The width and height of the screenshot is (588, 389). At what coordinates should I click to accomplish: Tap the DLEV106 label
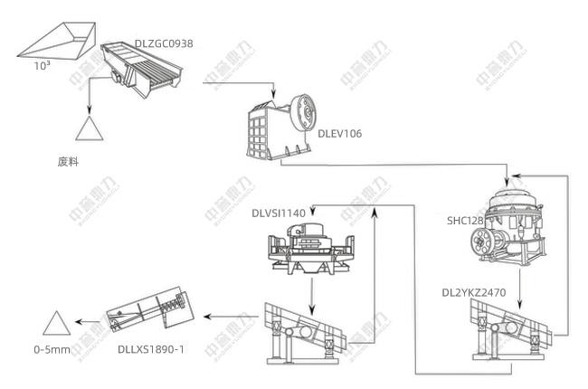(x=339, y=134)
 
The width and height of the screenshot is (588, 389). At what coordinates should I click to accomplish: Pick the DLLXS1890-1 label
(x=151, y=348)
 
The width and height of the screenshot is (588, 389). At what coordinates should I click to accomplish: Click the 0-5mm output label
(x=52, y=348)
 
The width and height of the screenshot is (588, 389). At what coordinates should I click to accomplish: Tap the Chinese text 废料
(x=69, y=162)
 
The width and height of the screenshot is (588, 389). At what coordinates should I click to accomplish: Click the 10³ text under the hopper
(x=43, y=66)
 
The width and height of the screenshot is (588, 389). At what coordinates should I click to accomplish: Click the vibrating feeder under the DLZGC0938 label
(x=143, y=71)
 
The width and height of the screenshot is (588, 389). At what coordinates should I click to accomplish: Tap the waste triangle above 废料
(x=90, y=128)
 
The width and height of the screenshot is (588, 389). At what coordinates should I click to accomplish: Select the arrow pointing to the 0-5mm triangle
(x=87, y=320)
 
